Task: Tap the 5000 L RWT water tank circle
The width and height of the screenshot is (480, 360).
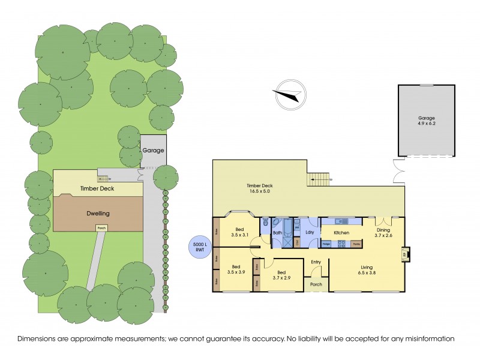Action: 199,246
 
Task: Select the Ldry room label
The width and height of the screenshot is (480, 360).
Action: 310,232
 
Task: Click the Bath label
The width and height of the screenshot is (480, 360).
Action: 278,232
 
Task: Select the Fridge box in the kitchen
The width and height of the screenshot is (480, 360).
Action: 328,244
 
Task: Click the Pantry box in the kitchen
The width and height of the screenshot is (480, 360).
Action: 356,244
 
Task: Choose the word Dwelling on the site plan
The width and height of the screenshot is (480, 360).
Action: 97,213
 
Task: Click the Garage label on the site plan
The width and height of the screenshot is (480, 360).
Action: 152,151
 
